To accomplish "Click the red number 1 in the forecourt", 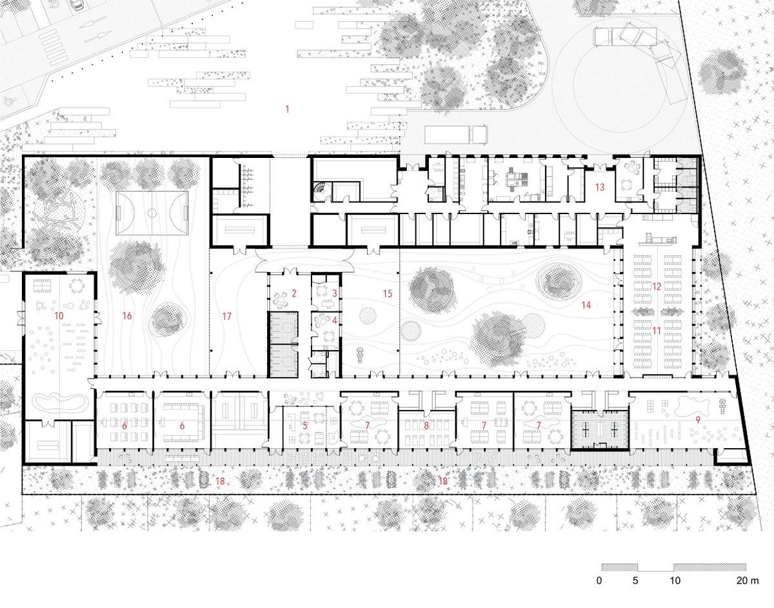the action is (x=287, y=109).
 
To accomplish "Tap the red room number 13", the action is (x=600, y=187).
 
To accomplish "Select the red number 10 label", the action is (x=59, y=316).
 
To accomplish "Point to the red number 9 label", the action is (x=698, y=420).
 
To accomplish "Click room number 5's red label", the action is (x=305, y=426).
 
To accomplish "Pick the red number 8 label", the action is (x=426, y=426).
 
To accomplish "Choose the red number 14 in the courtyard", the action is (x=586, y=305).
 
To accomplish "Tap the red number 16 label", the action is (x=127, y=316).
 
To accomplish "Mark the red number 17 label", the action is (x=227, y=316).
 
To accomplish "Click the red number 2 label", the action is (x=294, y=293).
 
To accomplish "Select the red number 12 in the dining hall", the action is (x=657, y=286).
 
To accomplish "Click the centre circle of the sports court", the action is (x=152, y=213).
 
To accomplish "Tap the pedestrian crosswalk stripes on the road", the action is (x=54, y=47).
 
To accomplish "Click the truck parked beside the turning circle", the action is (x=456, y=135).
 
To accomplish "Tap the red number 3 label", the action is (x=335, y=293).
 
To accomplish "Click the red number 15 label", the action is (x=388, y=293).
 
